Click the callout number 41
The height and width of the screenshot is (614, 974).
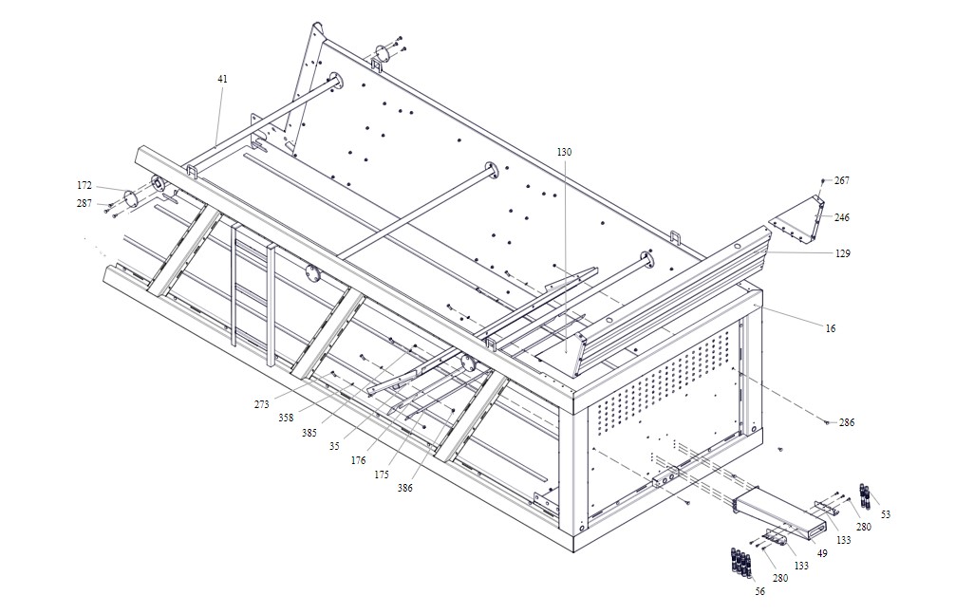[x=222, y=79]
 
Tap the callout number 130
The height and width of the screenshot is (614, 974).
[x=565, y=152]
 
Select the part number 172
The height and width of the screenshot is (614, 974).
[x=85, y=184]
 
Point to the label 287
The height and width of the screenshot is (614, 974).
[x=85, y=204]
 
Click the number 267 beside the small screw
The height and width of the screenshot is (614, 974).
[x=842, y=180]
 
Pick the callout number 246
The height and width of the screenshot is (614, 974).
[x=842, y=217]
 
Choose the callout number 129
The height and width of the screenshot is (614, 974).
[x=843, y=253]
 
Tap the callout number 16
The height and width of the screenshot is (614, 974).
[x=831, y=328]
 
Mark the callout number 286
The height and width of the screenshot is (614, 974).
[x=847, y=422]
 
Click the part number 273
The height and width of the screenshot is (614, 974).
[x=261, y=404]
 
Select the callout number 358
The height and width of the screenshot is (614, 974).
[x=286, y=417]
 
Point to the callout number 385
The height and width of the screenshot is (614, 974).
[x=309, y=433]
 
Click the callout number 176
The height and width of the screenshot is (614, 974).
[x=358, y=460]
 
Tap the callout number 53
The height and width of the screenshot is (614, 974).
[x=886, y=514]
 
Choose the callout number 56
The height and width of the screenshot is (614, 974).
[x=759, y=591]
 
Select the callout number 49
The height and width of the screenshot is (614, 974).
[x=822, y=552]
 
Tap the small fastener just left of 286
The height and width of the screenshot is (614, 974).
[x=828, y=421]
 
